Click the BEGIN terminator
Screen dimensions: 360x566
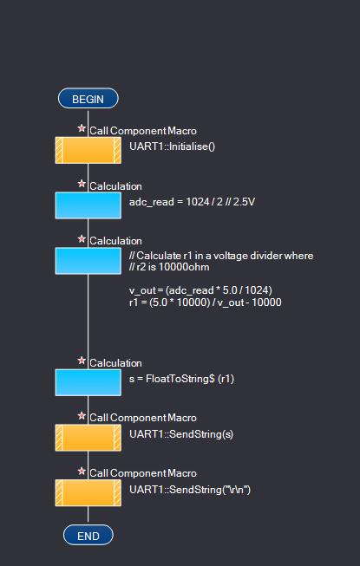tap(88, 99)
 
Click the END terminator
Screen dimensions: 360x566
tap(88, 536)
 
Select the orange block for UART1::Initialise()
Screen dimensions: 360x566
tap(88, 150)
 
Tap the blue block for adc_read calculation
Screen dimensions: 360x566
tap(88, 205)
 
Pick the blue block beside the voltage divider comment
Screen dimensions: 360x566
tap(88, 261)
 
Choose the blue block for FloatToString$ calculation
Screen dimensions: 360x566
tap(88, 382)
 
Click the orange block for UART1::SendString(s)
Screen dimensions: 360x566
tap(88, 438)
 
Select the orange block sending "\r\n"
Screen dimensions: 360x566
tap(88, 492)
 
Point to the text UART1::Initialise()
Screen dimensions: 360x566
tap(173, 146)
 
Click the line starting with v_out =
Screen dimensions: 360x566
tap(200, 290)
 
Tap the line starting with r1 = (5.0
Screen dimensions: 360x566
tap(205, 303)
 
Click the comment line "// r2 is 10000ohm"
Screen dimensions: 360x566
tap(169, 267)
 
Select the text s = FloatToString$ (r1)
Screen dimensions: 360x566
tap(181, 379)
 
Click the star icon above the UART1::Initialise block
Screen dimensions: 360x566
tap(82, 128)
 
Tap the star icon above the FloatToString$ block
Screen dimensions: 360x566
tap(82, 361)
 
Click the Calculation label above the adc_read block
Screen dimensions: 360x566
tap(115, 186)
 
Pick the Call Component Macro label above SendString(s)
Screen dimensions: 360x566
tap(143, 418)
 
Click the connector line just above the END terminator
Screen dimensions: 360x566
tap(88, 516)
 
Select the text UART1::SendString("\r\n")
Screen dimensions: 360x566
tap(190, 490)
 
